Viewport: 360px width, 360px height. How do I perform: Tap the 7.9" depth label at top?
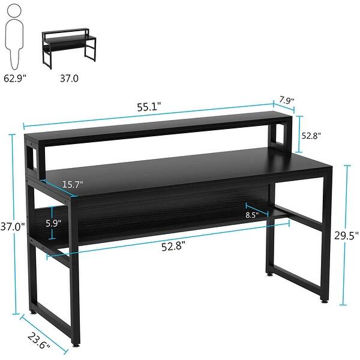(286, 101)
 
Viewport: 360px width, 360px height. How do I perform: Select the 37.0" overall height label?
(13, 227)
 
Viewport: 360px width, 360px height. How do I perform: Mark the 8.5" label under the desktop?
(253, 214)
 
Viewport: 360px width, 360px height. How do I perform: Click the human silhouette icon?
(13, 36)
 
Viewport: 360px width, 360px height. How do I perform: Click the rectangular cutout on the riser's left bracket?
(32, 157)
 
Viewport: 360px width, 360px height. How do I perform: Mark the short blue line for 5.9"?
(53, 222)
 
